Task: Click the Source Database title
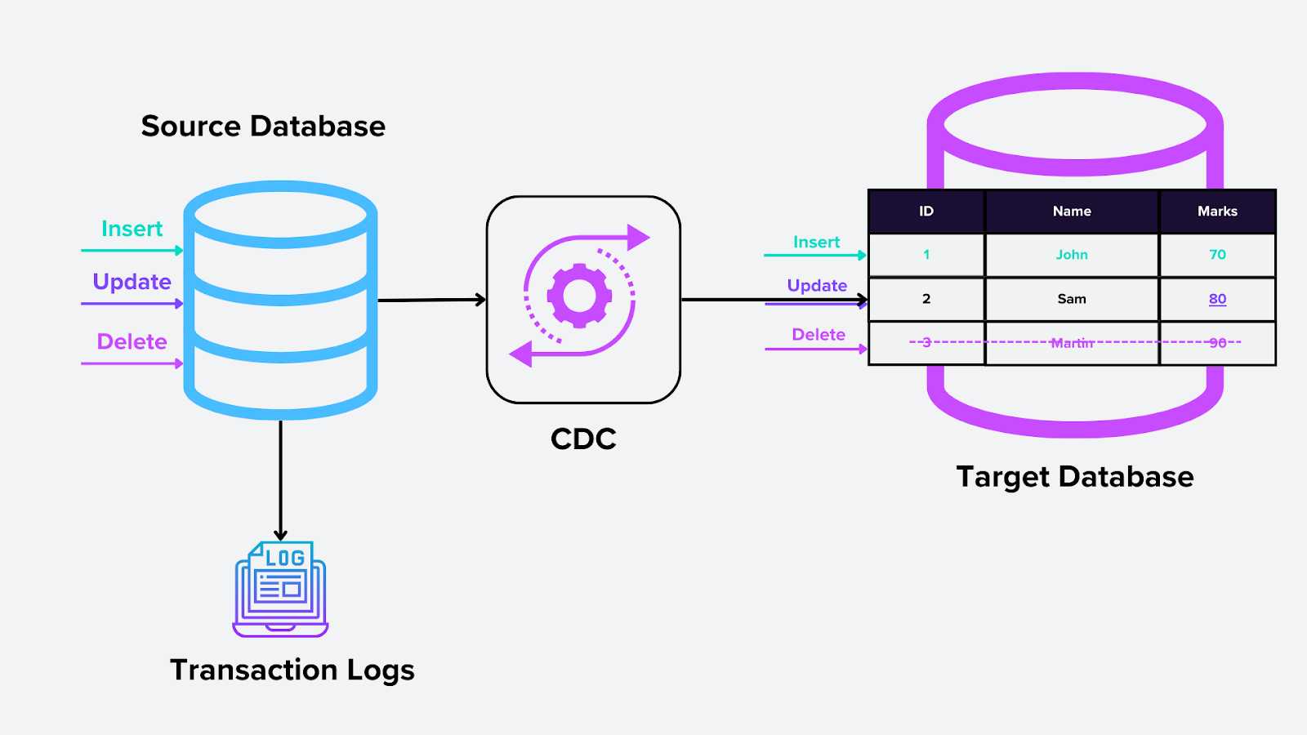[x=263, y=127]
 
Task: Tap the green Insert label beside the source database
[x=132, y=229]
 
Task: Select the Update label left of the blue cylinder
[x=132, y=282]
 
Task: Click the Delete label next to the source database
[x=132, y=341]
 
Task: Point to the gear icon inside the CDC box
[x=579, y=296]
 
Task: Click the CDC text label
[x=583, y=439]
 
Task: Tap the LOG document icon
[x=280, y=588]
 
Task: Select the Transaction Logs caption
[x=292, y=670]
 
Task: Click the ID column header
[x=926, y=212]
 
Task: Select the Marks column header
[x=1217, y=212]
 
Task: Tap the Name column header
[x=1072, y=212]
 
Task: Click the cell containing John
[x=1072, y=255]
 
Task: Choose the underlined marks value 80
[x=1217, y=299]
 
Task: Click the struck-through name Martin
[x=1072, y=343]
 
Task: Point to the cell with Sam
[x=1072, y=299]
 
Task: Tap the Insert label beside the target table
[x=816, y=242]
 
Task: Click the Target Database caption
[x=1075, y=477]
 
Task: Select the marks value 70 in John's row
[x=1217, y=255]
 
